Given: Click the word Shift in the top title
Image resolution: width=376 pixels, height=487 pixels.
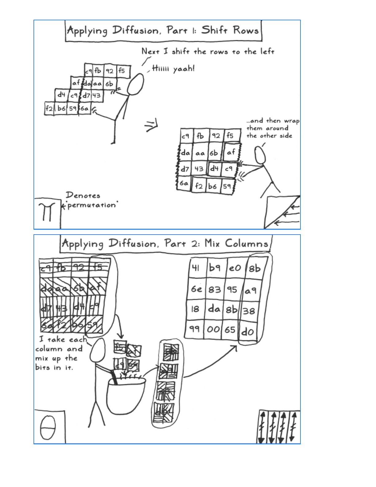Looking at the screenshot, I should point(214,30).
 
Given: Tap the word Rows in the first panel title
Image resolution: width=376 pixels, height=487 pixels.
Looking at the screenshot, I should point(246,30).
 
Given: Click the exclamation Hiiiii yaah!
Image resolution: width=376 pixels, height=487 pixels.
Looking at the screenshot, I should point(173,68).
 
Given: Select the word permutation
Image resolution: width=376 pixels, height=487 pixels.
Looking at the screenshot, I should point(92,205).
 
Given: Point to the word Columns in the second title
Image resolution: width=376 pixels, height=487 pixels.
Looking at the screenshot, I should point(246,244).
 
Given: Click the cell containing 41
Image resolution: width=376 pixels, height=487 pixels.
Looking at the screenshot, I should point(196,268).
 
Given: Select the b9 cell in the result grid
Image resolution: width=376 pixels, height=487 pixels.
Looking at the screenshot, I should point(215,268).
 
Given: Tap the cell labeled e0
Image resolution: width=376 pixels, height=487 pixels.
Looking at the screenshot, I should point(235,268).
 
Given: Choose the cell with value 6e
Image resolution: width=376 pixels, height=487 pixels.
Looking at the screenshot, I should point(196,289).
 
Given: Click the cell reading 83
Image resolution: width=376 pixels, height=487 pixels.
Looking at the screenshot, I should point(215,289).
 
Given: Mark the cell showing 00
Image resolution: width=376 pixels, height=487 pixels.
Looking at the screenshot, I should point(213,329).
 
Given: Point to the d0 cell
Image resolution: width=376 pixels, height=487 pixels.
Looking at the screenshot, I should point(248,331).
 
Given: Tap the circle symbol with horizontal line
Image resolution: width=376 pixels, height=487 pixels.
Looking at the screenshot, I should point(48,428).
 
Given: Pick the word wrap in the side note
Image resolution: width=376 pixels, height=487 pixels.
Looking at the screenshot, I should point(292,121).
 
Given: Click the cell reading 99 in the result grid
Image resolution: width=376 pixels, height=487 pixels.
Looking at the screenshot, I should point(194,329).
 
